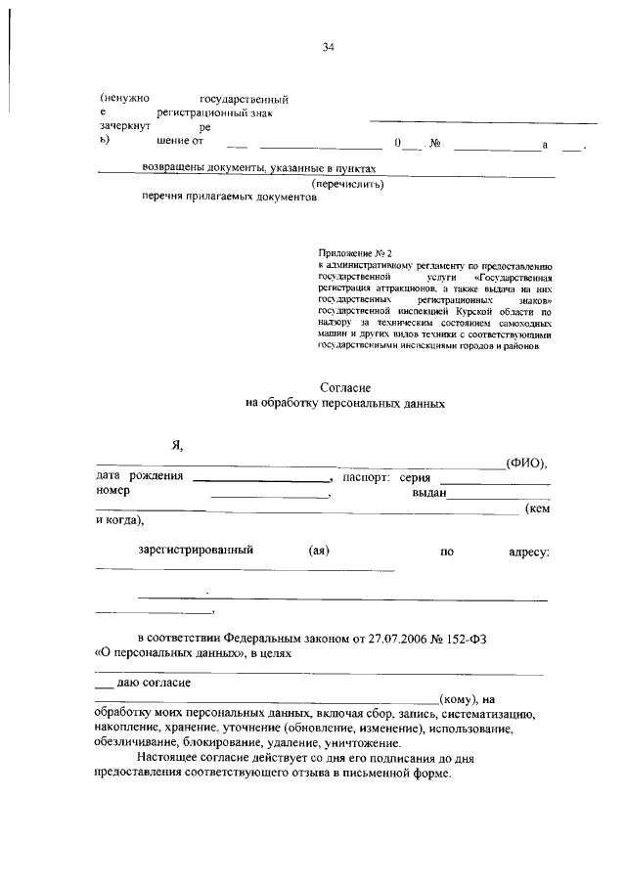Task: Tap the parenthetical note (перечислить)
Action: pyautogui.click(x=347, y=183)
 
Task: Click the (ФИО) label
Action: pyautogui.click(x=525, y=462)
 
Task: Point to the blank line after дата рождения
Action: pyautogui.click(x=262, y=480)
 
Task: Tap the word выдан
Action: pyautogui.click(x=429, y=493)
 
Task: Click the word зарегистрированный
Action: pyautogui.click(x=197, y=551)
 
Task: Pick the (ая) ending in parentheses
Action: pyautogui.click(x=318, y=551)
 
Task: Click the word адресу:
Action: pyautogui.click(x=529, y=552)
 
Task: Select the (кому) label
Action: pyautogui.click(x=459, y=698)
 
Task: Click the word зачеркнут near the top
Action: pyautogui.click(x=124, y=126)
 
